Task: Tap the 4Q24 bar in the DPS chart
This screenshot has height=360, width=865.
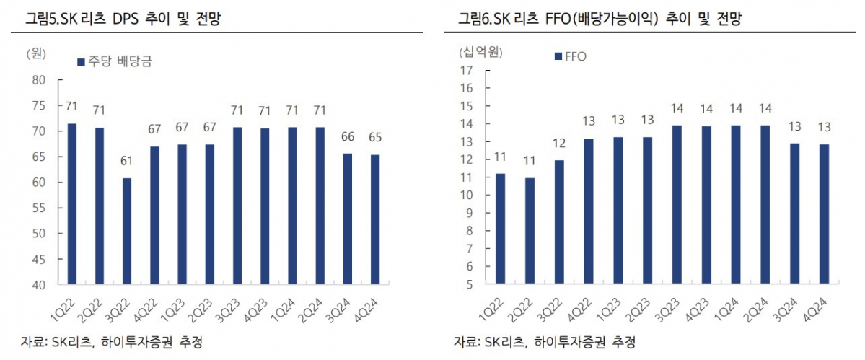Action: [x=376, y=219]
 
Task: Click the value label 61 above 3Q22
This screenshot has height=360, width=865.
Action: [x=127, y=161]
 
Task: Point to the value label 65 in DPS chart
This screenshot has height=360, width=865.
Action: [x=376, y=137]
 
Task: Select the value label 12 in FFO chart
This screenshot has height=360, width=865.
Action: [x=559, y=143]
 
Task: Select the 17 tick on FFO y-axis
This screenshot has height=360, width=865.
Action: [x=465, y=70]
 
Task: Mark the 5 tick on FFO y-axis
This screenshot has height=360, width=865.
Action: [x=468, y=284]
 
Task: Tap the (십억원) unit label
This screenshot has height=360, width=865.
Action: [x=480, y=51]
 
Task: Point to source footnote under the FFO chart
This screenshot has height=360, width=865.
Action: [x=545, y=341]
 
